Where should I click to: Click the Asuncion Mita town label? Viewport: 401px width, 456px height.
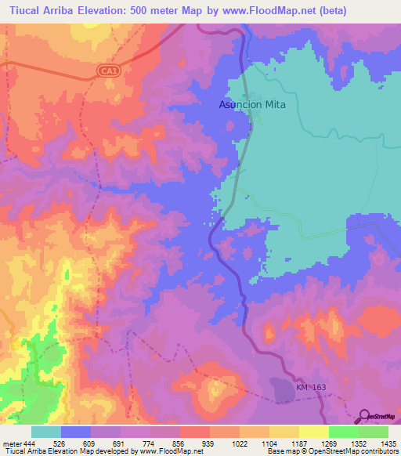click(251, 104)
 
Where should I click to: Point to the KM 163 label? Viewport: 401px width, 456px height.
click(310, 388)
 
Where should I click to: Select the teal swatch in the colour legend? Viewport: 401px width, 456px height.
click(45, 432)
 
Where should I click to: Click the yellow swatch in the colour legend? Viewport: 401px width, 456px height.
click(313, 432)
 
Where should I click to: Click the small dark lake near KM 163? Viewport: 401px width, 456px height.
click(280, 386)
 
